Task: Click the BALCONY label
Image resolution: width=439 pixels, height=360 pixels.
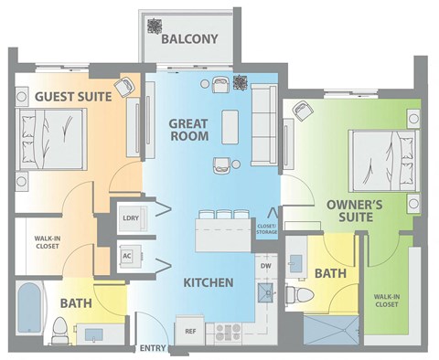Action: pyautogui.click(x=189, y=38)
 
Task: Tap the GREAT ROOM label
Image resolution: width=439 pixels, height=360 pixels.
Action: pyautogui.click(x=188, y=129)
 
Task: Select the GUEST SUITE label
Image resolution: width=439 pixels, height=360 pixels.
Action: pyautogui.click(x=73, y=95)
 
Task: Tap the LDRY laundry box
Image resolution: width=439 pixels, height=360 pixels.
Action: pyautogui.click(x=128, y=217)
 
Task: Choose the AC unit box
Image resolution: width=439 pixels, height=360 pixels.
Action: pyautogui.click(x=127, y=256)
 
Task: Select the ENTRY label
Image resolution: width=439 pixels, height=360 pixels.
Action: pyautogui.click(x=151, y=348)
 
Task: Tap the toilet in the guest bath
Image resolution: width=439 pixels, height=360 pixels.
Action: pyautogui.click(x=60, y=328)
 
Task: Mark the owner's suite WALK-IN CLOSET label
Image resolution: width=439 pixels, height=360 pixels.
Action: pyautogui.click(x=390, y=302)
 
